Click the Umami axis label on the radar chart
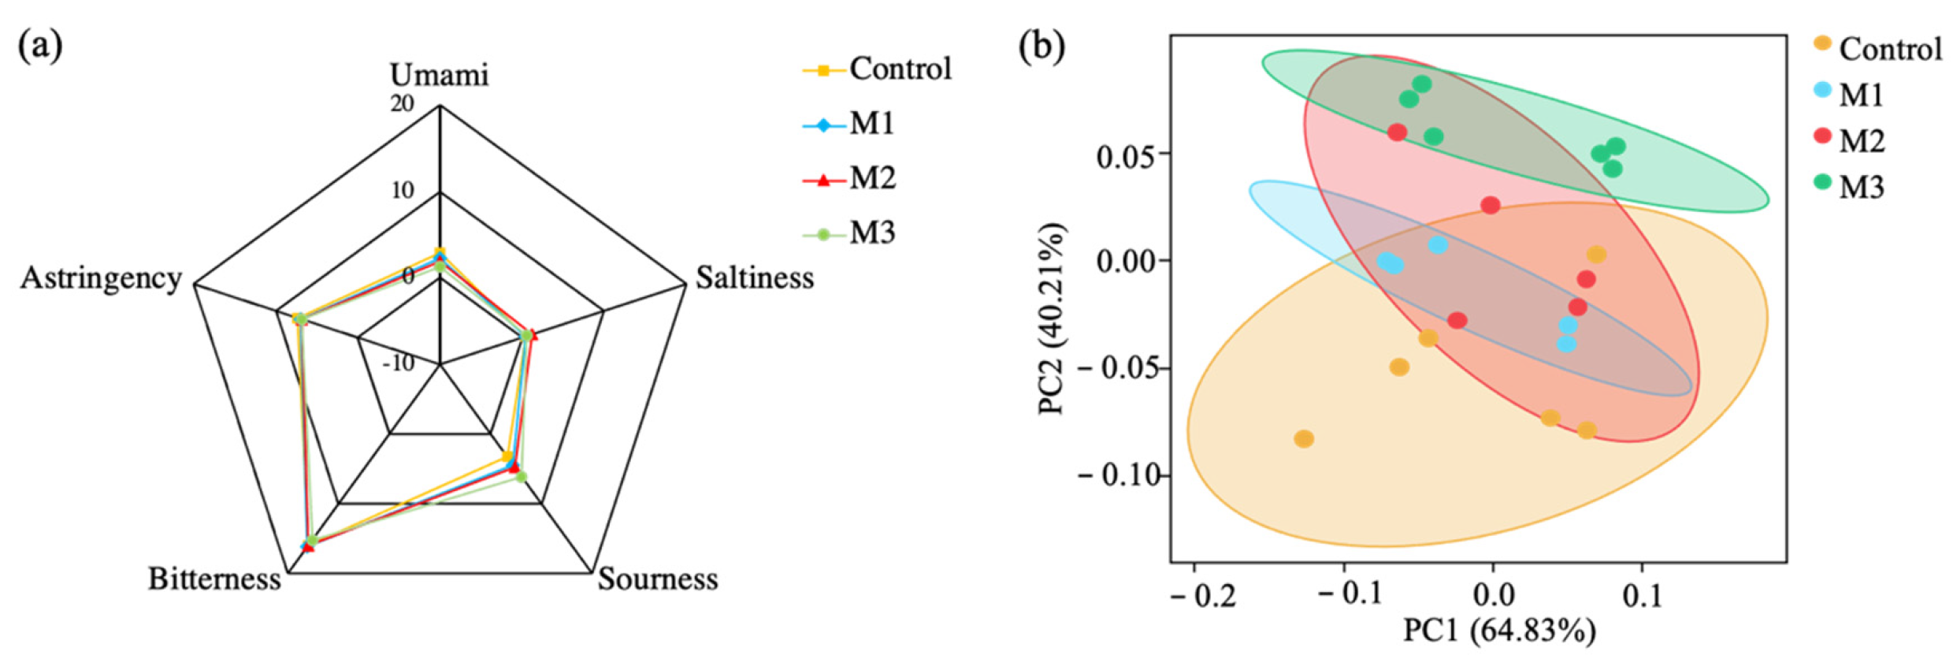[x=439, y=75]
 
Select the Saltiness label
[x=754, y=277]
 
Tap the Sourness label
[x=658, y=579]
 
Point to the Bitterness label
[x=214, y=579]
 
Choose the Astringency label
[x=101, y=277]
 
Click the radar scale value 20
[x=402, y=103]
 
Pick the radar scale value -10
[x=399, y=363]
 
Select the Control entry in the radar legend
[x=900, y=69]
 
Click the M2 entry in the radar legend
[x=872, y=179]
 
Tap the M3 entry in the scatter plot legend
[x=1861, y=187]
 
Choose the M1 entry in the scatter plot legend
[x=1861, y=95]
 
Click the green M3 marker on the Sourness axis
[x=520, y=476]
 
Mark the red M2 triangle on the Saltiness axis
[x=533, y=337]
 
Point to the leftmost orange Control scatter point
[x=1304, y=438]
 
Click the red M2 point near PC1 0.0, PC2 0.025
[x=1490, y=205]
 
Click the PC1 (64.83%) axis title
[x=1498, y=631]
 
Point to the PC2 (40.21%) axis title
[x=1052, y=318]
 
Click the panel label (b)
[x=1041, y=47]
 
